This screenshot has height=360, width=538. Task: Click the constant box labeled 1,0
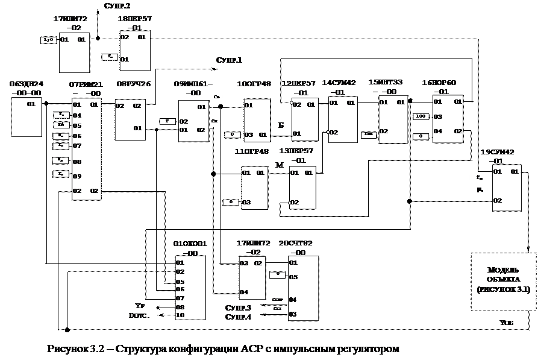[x=48, y=40]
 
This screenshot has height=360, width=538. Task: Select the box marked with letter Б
[x=280, y=124]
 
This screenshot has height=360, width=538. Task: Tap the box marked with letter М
[x=279, y=164]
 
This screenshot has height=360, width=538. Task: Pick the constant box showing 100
[x=421, y=116]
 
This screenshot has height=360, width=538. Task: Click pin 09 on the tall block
[x=77, y=177]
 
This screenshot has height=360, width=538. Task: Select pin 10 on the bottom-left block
[x=180, y=315]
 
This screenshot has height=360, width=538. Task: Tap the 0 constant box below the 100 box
[x=421, y=136]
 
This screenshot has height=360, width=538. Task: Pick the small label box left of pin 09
[x=61, y=174]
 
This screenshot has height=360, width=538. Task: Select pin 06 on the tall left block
[x=77, y=136]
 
